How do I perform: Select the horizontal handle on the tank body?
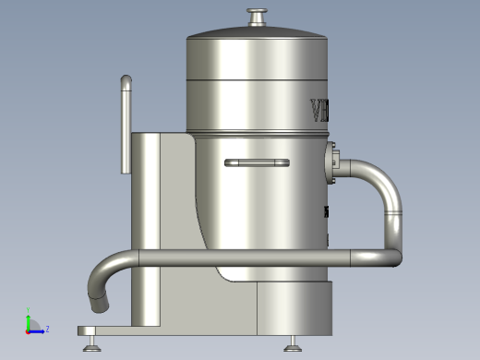pos(257,163)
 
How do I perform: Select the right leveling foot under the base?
pos(293,345)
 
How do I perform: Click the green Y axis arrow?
pos(29,319)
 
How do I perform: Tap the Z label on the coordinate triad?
pos(47,329)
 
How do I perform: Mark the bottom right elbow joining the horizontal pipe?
pos(394,254)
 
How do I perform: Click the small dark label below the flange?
pos(327,212)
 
